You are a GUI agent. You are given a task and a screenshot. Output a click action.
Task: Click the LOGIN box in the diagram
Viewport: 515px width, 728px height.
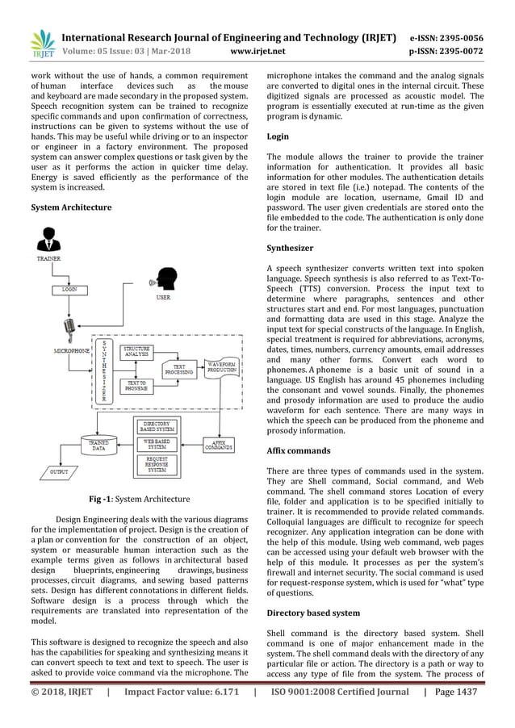coord(71,287)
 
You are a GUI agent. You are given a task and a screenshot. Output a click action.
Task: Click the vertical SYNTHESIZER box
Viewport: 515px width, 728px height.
coord(103,371)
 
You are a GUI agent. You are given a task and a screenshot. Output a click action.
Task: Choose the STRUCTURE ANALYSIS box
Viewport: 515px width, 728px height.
coord(139,352)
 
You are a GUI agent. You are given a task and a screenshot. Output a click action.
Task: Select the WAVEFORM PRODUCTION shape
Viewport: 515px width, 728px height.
coord(222,367)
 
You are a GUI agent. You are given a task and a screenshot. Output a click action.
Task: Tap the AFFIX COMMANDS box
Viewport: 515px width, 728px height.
coord(217,445)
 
